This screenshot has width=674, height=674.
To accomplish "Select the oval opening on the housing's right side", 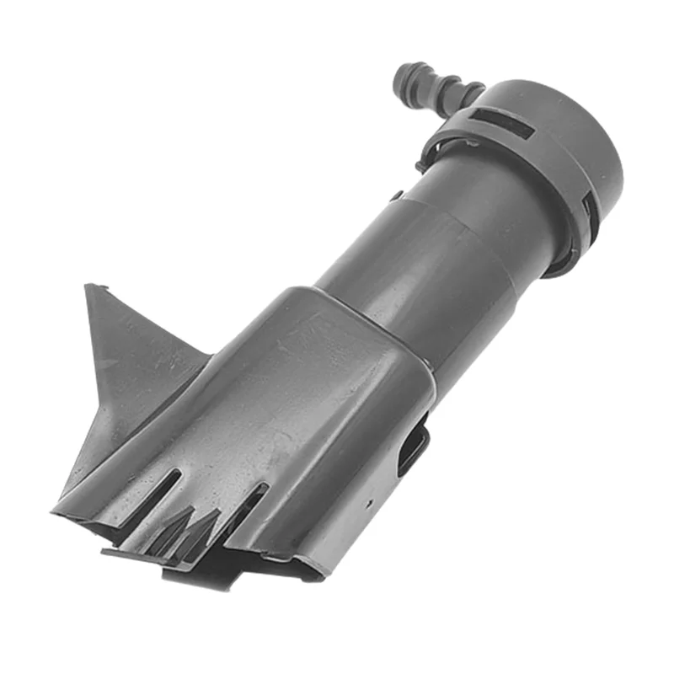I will [413, 447].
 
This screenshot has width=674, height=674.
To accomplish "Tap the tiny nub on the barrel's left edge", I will [394, 196].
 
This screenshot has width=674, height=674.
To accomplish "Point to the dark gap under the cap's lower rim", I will [560, 268].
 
